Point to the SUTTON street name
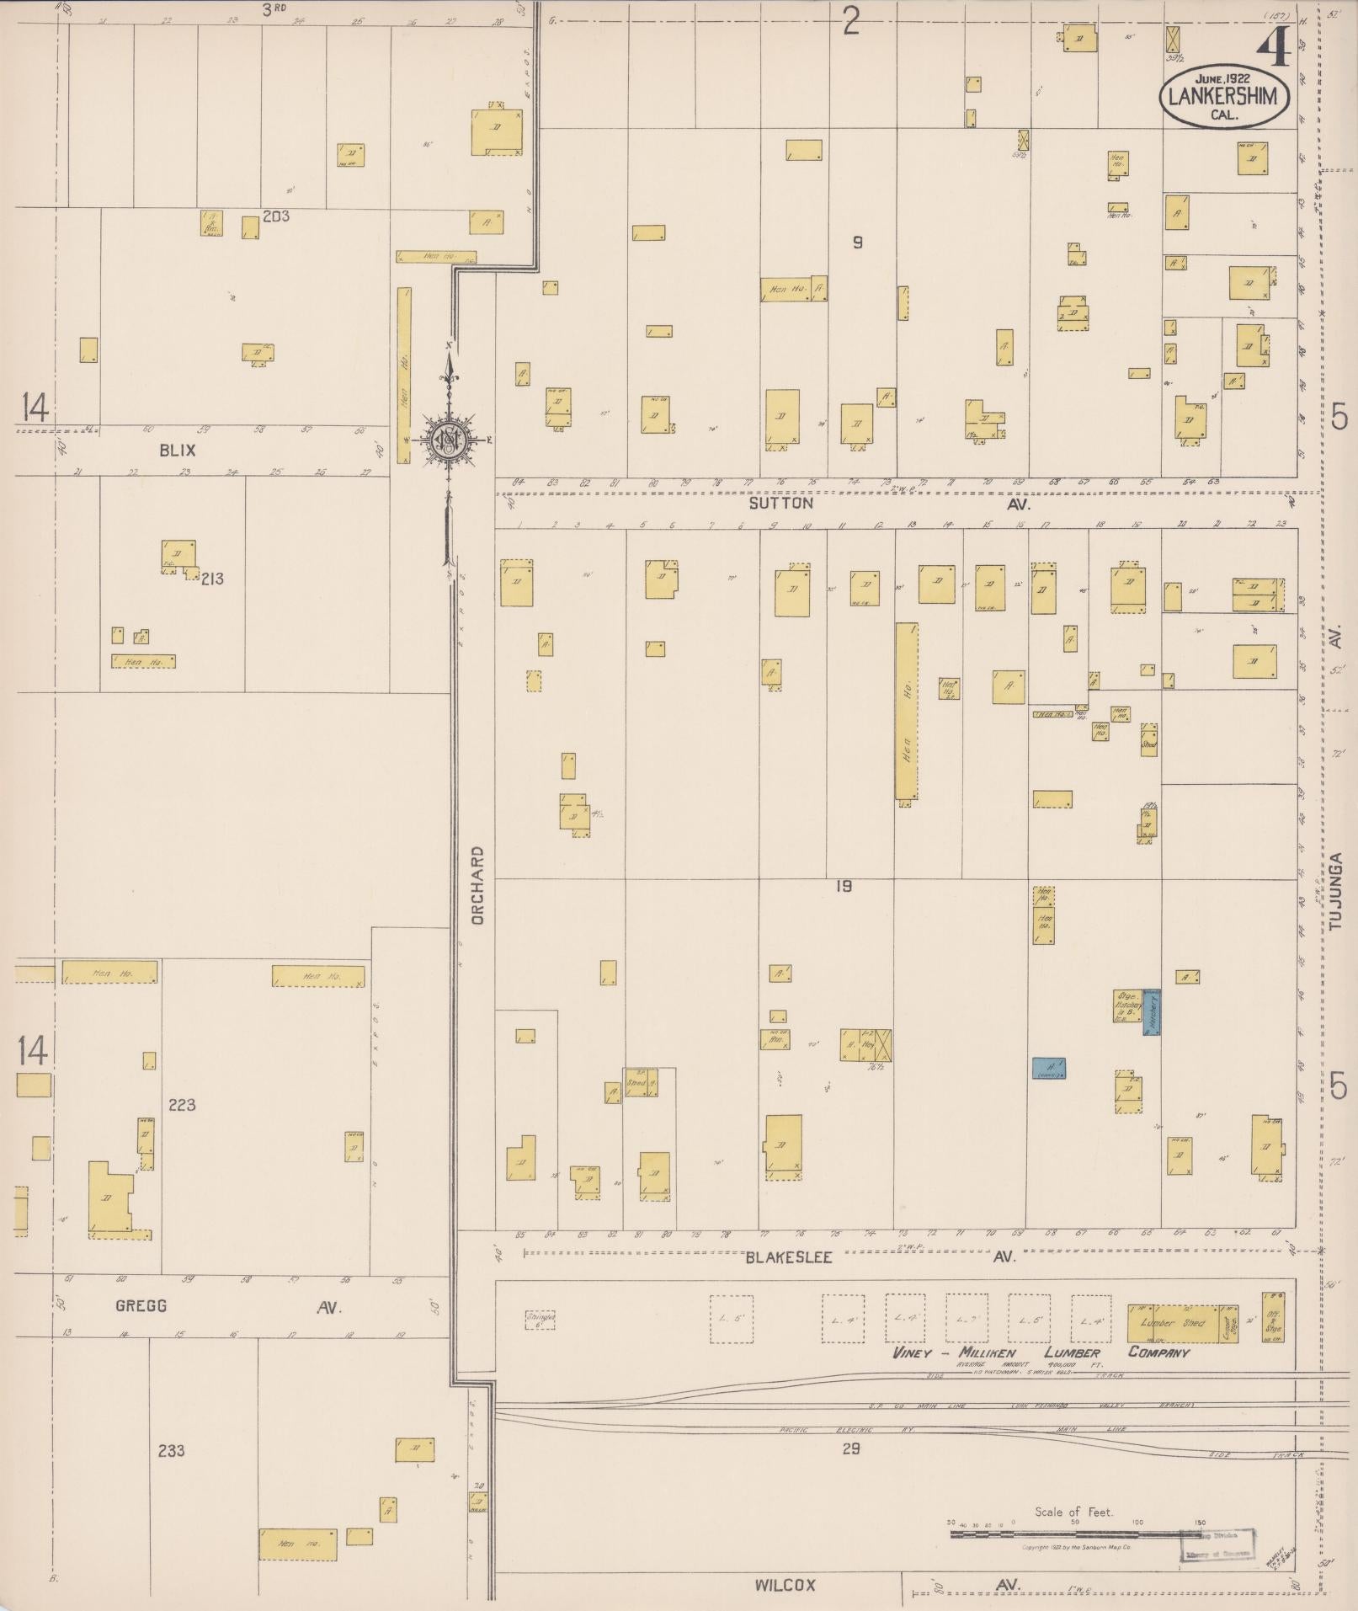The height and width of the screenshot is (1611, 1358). [781, 503]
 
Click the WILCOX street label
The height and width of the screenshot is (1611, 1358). [785, 1585]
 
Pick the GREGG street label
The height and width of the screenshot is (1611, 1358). [139, 1306]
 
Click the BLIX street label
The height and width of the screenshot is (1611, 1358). [177, 451]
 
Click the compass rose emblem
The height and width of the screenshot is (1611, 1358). [450, 441]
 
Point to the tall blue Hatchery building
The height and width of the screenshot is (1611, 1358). [1152, 1012]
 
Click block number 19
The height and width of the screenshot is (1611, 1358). [844, 886]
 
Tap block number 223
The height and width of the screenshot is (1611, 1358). [182, 1104]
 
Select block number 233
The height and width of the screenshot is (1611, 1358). [171, 1450]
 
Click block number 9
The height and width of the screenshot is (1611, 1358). [857, 243]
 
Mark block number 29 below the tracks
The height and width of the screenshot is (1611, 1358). [850, 1448]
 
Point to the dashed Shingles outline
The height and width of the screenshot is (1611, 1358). [539, 1319]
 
